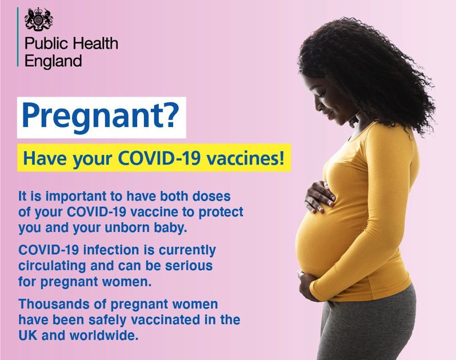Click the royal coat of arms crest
click(39, 19)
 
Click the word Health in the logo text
click(95, 43)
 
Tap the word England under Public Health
click(53, 61)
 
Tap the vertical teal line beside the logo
click(18, 37)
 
